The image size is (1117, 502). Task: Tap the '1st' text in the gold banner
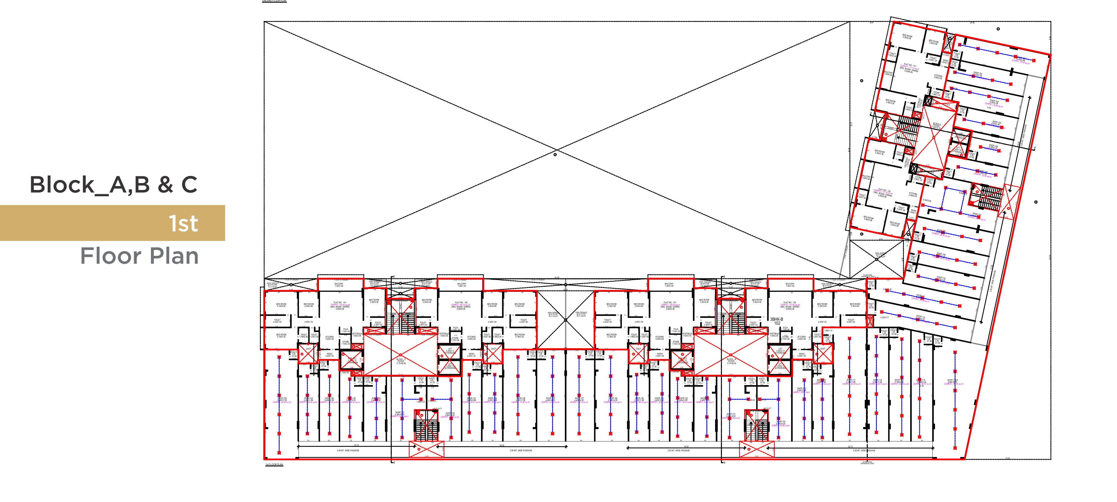(x=183, y=223)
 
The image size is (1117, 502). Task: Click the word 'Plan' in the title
(x=174, y=256)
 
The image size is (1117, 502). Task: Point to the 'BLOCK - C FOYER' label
(x=401, y=361)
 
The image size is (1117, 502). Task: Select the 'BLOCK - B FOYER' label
(x=731, y=361)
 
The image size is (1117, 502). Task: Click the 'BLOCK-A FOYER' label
(x=937, y=126)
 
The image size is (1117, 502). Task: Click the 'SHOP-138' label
(x=282, y=399)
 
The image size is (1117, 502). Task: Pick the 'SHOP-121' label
(x=731, y=415)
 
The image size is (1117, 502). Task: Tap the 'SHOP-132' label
(x=450, y=414)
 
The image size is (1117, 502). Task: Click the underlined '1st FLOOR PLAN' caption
(x=274, y=465)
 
